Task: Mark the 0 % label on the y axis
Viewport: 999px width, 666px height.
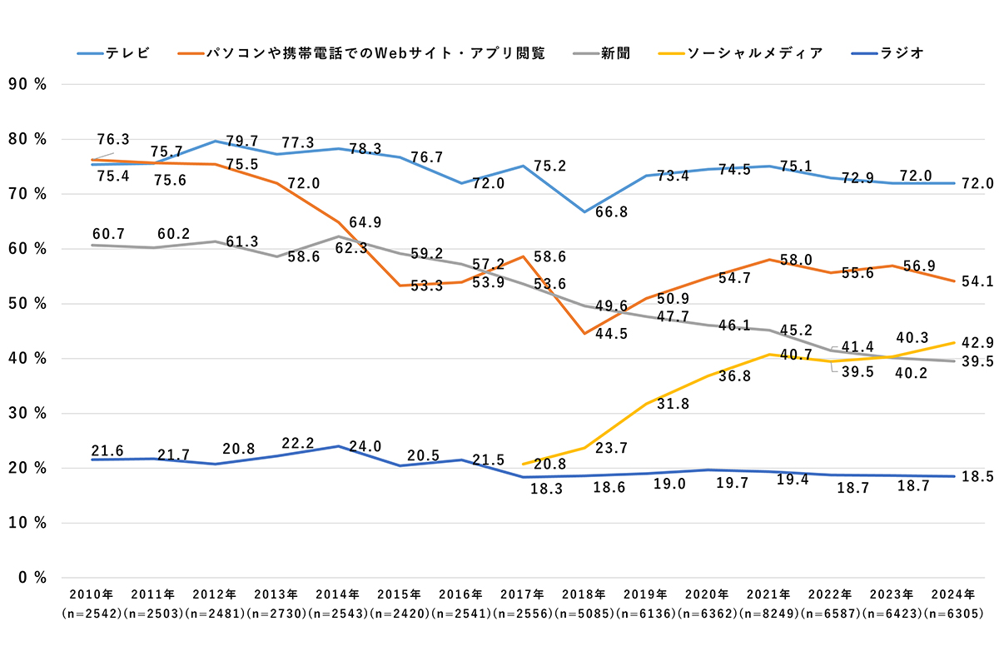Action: coord(28,578)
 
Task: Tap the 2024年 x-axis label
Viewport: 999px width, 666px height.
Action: coord(954,594)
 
